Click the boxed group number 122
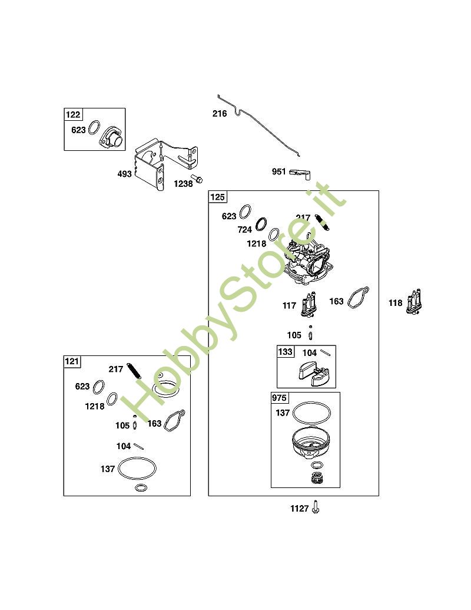coord(74,115)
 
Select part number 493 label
coord(124,174)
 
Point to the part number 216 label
coord(220,114)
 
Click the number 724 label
coord(246,229)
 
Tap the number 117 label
coord(289,306)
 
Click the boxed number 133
coord(285,352)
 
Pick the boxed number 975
coord(279,398)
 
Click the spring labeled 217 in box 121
coord(135,372)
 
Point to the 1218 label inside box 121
coord(94,406)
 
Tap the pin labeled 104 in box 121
coord(140,446)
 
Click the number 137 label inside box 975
coord(283,413)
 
